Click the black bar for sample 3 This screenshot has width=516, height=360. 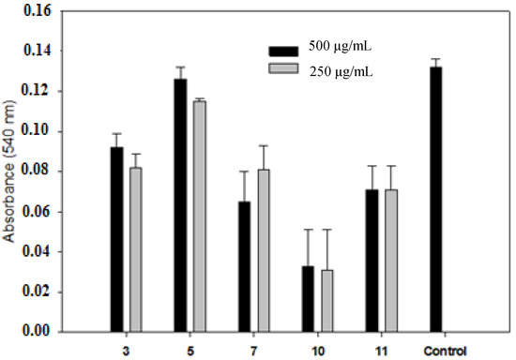(x=116, y=239)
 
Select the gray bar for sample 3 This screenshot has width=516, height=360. (x=136, y=248)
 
